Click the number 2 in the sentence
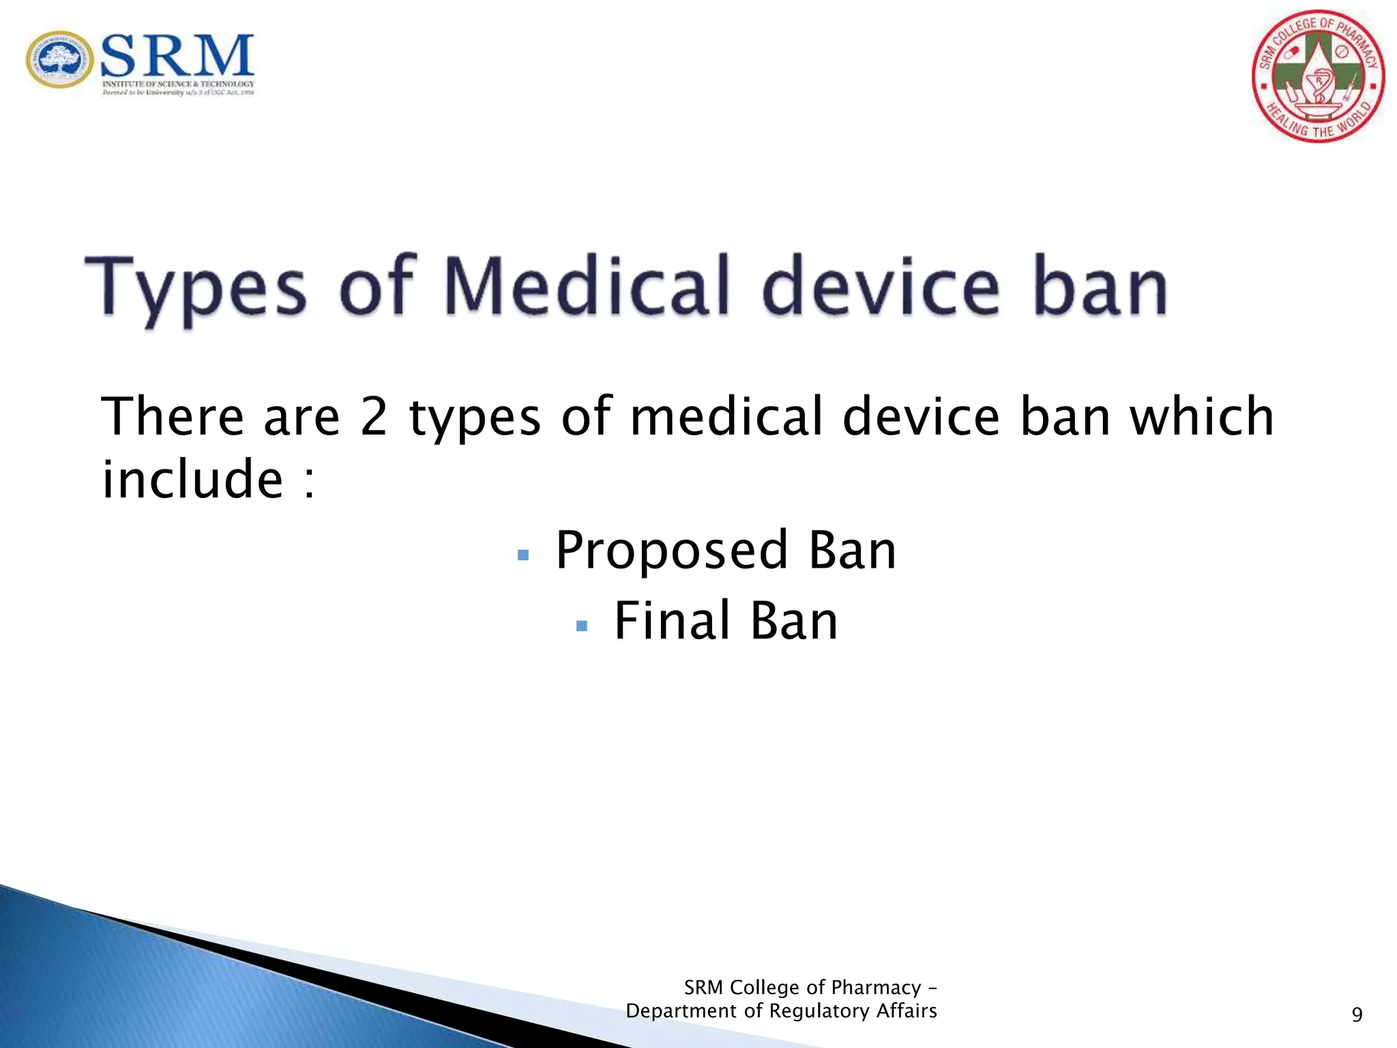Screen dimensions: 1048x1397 [x=374, y=417]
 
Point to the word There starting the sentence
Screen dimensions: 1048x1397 [x=173, y=417]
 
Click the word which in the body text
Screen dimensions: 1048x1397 [x=1202, y=417]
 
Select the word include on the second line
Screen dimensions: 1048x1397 [x=192, y=479]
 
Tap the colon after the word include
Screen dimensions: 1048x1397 [x=309, y=483]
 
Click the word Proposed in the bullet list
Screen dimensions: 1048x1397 [x=672, y=550]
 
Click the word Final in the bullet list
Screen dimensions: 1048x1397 [x=672, y=621]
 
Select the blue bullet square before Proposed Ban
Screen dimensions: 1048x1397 [x=523, y=555]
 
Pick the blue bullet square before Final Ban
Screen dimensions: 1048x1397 [x=582, y=626]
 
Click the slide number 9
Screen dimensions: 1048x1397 [x=1357, y=1015]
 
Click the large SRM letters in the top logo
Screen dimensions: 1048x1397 [x=177, y=56]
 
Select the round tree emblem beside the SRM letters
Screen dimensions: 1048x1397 [x=60, y=60]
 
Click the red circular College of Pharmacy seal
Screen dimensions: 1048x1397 [x=1318, y=76]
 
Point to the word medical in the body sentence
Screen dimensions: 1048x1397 [x=726, y=417]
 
